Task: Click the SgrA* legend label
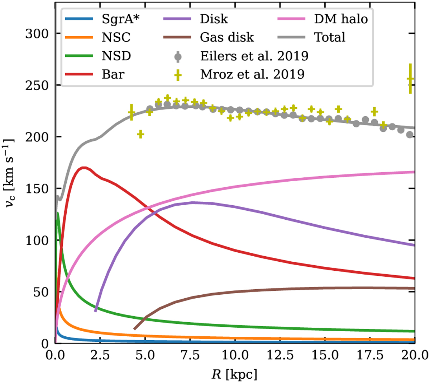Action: pos(121,19)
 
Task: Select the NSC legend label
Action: pos(116,37)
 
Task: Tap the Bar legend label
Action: pos(113,74)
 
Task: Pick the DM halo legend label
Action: pos(341,19)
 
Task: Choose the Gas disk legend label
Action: pos(227,37)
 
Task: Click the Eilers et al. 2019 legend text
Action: pos(254,56)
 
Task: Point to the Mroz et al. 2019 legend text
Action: pos(252,74)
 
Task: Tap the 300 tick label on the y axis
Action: pos(37,33)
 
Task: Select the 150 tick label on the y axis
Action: pos(37,188)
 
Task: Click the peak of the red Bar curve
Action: pos(83,168)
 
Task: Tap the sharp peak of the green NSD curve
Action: pos(58,213)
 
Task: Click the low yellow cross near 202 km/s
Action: pos(140,134)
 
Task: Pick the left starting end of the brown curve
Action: pos(134,329)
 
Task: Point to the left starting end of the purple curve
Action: pos(95,311)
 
